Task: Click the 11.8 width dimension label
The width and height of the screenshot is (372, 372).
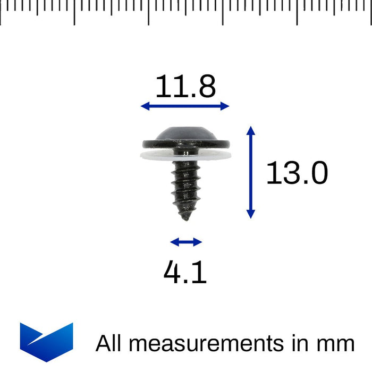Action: [185, 87]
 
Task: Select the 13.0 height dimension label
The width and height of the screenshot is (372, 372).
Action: [297, 173]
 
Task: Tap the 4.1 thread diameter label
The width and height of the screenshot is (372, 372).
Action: [185, 273]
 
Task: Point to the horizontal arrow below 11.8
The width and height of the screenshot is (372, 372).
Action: [185, 106]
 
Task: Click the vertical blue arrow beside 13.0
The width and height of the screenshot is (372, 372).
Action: [251, 173]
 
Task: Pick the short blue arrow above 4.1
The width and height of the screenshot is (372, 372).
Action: [186, 242]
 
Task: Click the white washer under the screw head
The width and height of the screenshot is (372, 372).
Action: [185, 155]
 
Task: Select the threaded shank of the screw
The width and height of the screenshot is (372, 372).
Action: [185, 186]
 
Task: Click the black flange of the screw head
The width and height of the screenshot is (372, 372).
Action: [185, 143]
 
